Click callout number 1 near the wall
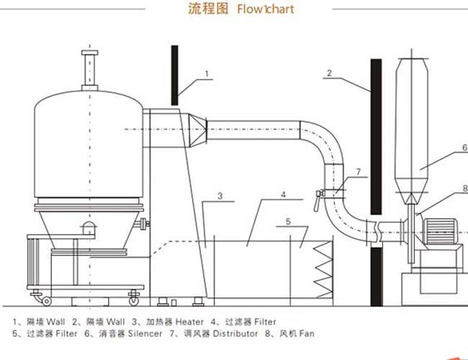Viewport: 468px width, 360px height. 207,73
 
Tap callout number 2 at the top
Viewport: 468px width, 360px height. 328,72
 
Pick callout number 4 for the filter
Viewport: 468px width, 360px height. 283,194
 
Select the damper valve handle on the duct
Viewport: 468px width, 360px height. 317,200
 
